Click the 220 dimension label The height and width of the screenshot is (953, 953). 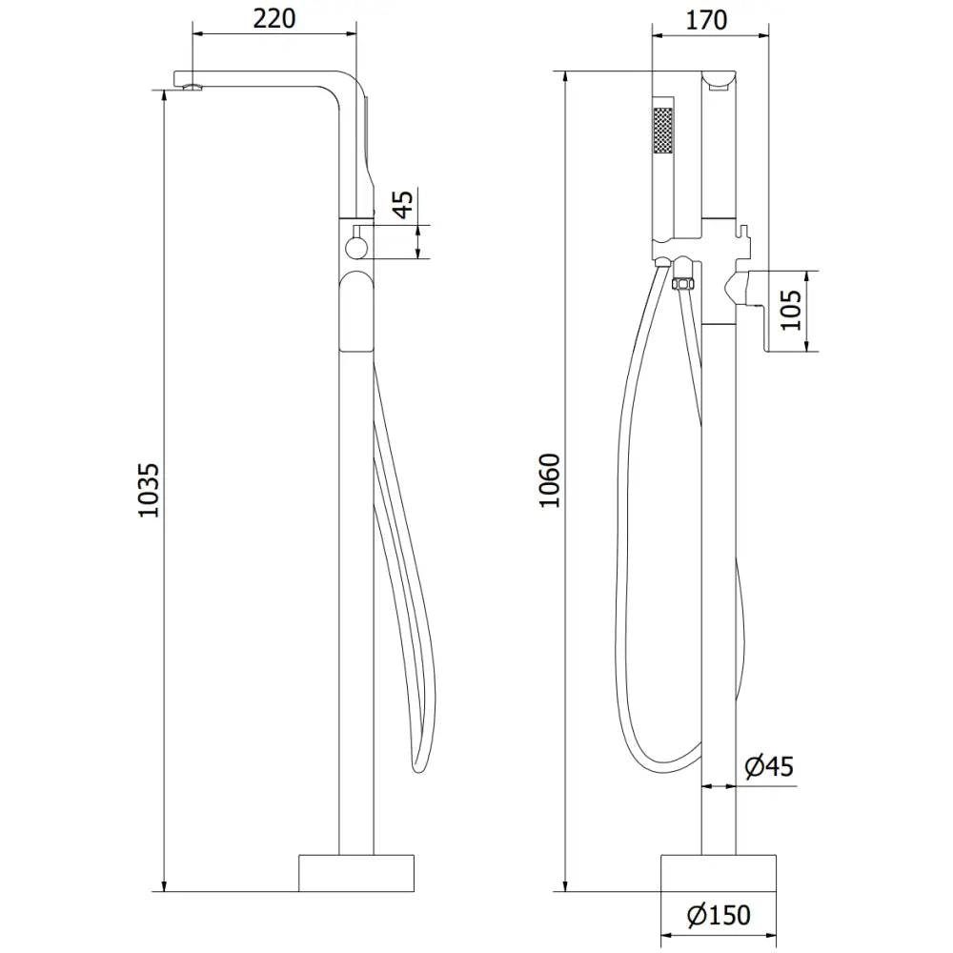tap(274, 17)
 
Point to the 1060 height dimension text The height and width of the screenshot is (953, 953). tap(550, 481)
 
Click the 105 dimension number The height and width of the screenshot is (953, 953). tap(791, 309)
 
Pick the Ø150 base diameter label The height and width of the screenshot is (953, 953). tap(719, 916)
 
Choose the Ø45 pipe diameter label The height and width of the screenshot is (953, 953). tap(768, 766)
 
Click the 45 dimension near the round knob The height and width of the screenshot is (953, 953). tap(403, 205)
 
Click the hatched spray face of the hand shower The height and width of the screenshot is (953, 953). tap(662, 130)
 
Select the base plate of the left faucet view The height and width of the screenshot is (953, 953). tap(357, 872)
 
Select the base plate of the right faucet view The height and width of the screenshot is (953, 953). tap(719, 872)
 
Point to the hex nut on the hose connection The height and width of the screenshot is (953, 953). tap(682, 284)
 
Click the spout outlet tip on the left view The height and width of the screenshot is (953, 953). tap(194, 89)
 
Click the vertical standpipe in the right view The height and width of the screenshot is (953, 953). tap(719, 572)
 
